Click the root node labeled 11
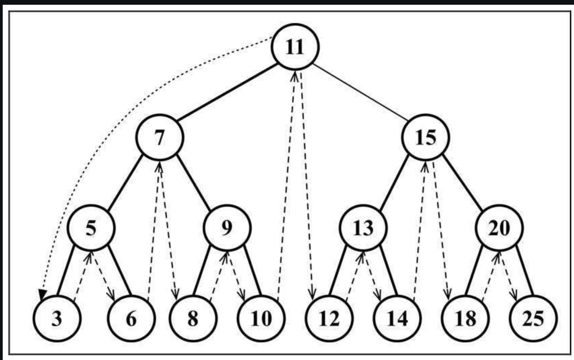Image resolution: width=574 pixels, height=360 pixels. (x=295, y=47)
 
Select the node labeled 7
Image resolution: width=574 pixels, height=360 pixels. (x=159, y=137)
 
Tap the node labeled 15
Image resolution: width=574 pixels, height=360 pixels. (x=425, y=137)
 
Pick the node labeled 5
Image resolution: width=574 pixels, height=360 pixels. (x=91, y=228)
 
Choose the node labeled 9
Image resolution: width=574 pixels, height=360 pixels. (x=227, y=228)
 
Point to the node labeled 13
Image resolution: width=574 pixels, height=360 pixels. (x=363, y=228)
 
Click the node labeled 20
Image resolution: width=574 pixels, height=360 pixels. (x=499, y=228)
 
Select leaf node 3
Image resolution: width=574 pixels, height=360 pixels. (x=57, y=318)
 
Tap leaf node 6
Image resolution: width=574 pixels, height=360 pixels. (x=131, y=318)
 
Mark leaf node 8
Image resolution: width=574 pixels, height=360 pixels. (x=193, y=318)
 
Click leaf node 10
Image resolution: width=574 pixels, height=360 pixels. (x=261, y=318)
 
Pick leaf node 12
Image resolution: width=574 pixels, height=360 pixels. (x=329, y=318)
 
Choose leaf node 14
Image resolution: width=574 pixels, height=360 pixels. (x=397, y=318)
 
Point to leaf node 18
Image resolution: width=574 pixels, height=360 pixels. (x=465, y=318)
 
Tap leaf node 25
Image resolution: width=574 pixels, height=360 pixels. (x=533, y=318)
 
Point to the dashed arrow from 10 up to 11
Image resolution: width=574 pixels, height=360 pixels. (x=287, y=186)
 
